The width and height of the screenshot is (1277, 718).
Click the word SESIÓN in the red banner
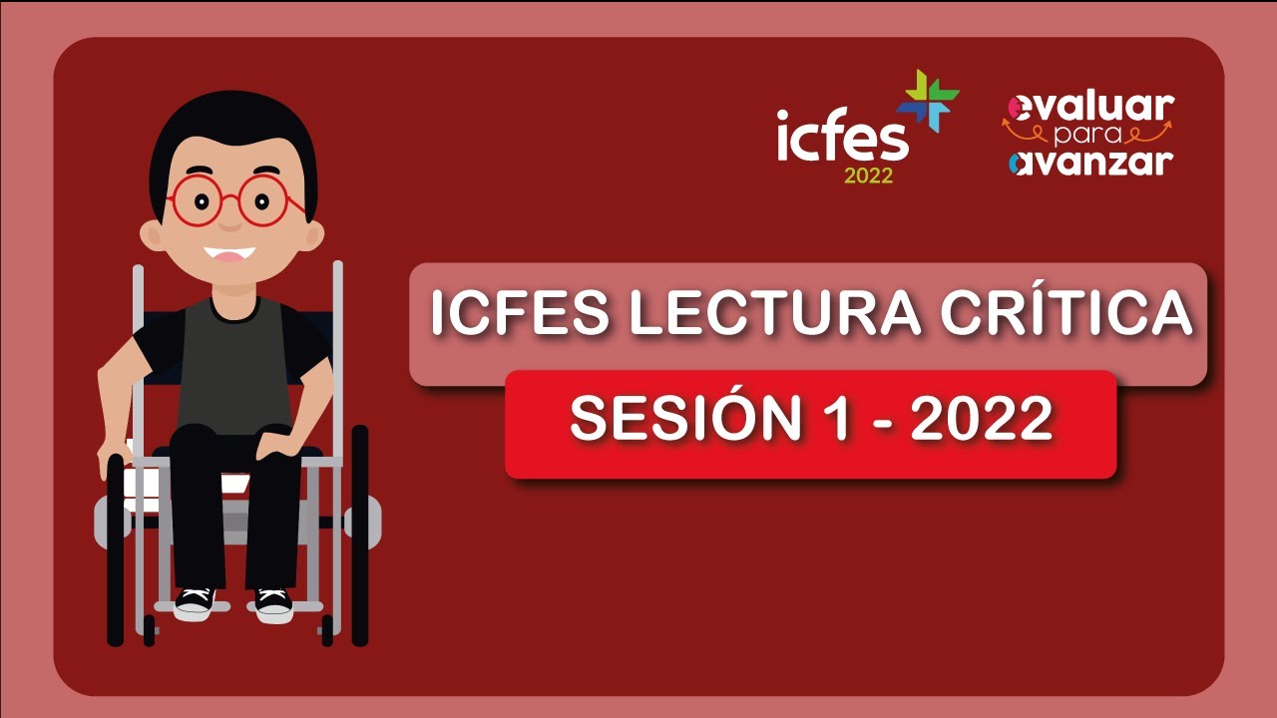pos(685,420)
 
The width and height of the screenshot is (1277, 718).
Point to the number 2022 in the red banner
pos(982,420)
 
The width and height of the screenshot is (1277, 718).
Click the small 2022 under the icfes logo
pos(868,177)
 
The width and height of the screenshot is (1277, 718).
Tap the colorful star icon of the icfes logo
pos(928,101)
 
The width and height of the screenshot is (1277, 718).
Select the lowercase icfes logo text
pos(842,138)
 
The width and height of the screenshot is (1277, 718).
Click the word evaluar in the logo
pos(1091,107)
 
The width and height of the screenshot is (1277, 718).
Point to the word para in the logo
pos(1087,135)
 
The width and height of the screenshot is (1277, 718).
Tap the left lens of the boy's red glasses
pos(198,201)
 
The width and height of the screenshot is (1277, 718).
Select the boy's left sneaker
pos(195,601)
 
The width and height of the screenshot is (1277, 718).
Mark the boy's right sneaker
pos(273,603)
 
